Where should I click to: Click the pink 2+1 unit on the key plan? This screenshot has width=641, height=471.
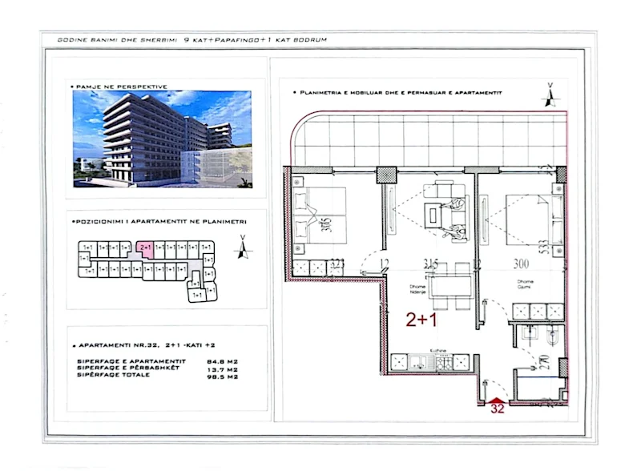click(x=145, y=248)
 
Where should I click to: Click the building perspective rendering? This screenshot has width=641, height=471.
click(x=162, y=138)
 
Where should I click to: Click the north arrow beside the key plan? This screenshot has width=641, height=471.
click(x=240, y=250)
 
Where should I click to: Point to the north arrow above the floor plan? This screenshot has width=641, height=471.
click(x=549, y=96)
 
